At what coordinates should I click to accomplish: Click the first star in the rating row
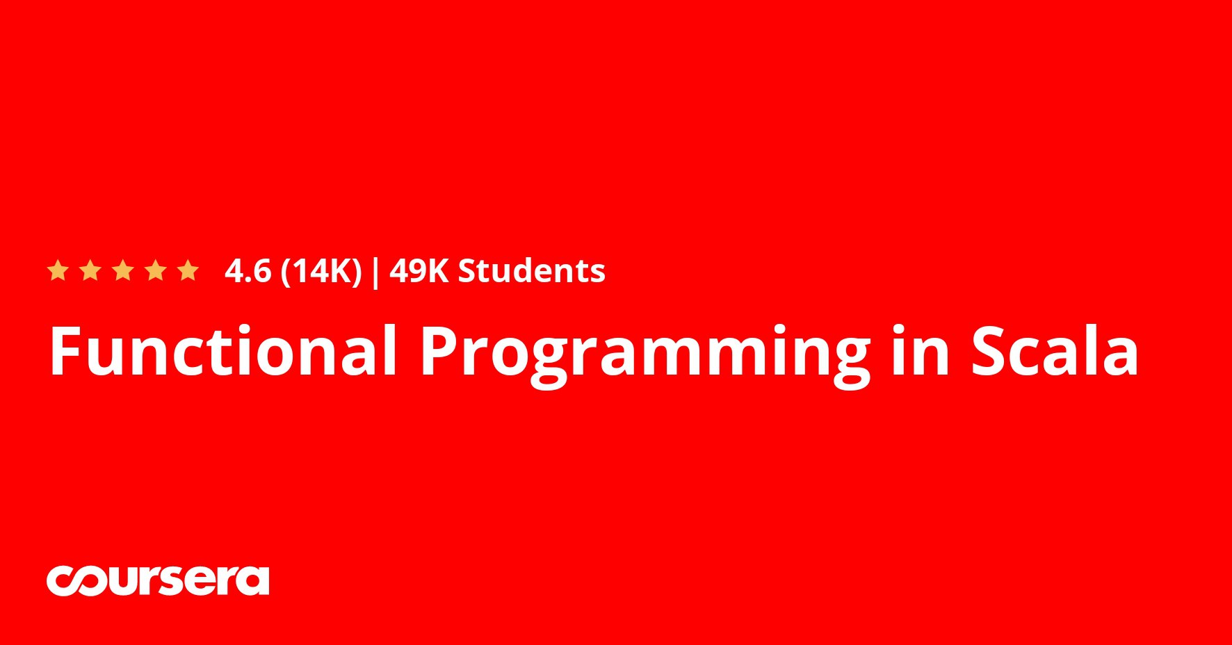click(58, 270)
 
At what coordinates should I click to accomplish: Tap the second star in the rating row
click(90, 270)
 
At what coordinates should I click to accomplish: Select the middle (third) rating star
click(123, 270)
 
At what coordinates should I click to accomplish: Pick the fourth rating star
click(156, 270)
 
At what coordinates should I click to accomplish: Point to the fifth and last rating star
click(188, 270)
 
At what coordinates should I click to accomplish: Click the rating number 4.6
click(248, 271)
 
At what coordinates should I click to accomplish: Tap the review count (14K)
click(321, 272)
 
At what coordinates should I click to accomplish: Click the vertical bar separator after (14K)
click(376, 272)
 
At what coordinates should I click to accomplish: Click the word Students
click(532, 271)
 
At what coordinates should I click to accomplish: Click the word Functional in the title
click(222, 350)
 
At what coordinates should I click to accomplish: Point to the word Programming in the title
click(645, 355)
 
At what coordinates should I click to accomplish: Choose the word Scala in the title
click(1055, 350)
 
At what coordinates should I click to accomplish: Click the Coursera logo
click(158, 580)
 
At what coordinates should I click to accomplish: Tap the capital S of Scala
click(990, 352)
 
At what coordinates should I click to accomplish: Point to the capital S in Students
click(468, 271)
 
